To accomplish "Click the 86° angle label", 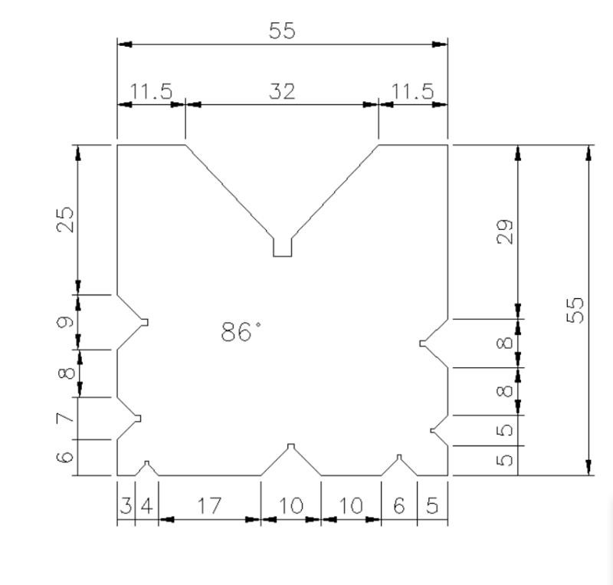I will point(241,332).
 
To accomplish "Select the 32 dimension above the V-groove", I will point(282,91).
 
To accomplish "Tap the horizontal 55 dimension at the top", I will point(282,31).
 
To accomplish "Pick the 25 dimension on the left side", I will point(67,219).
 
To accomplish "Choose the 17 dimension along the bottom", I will point(208,506).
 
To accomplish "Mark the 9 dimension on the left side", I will point(67,322).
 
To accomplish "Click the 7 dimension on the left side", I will point(67,418).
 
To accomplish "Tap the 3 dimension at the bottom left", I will point(126,506).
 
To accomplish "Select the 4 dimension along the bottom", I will point(146,506).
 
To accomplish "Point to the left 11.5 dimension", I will point(150,91).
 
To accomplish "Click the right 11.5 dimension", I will point(412,91).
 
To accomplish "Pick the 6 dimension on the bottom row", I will point(398,506).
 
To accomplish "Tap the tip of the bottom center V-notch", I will point(290,447).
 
